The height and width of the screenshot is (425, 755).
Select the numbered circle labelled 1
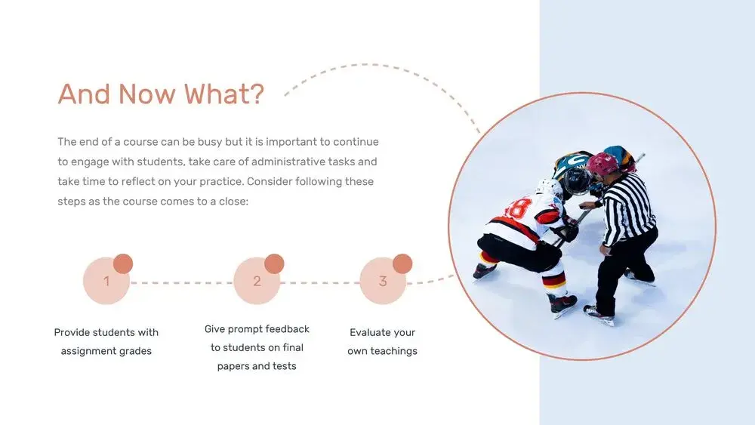pyautogui.click(x=106, y=281)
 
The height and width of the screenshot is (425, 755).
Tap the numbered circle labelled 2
pyautogui.click(x=257, y=281)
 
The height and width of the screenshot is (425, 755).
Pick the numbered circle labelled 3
pyautogui.click(x=383, y=281)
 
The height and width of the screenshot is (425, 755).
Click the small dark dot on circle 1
pyautogui.click(x=123, y=263)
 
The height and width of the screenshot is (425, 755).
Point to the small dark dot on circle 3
pyautogui.click(x=402, y=263)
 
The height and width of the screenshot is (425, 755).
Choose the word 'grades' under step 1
pyautogui.click(x=135, y=351)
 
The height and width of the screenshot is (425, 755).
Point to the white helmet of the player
pyautogui.click(x=549, y=188)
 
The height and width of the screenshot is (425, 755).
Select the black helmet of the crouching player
pyautogui.click(x=576, y=180)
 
